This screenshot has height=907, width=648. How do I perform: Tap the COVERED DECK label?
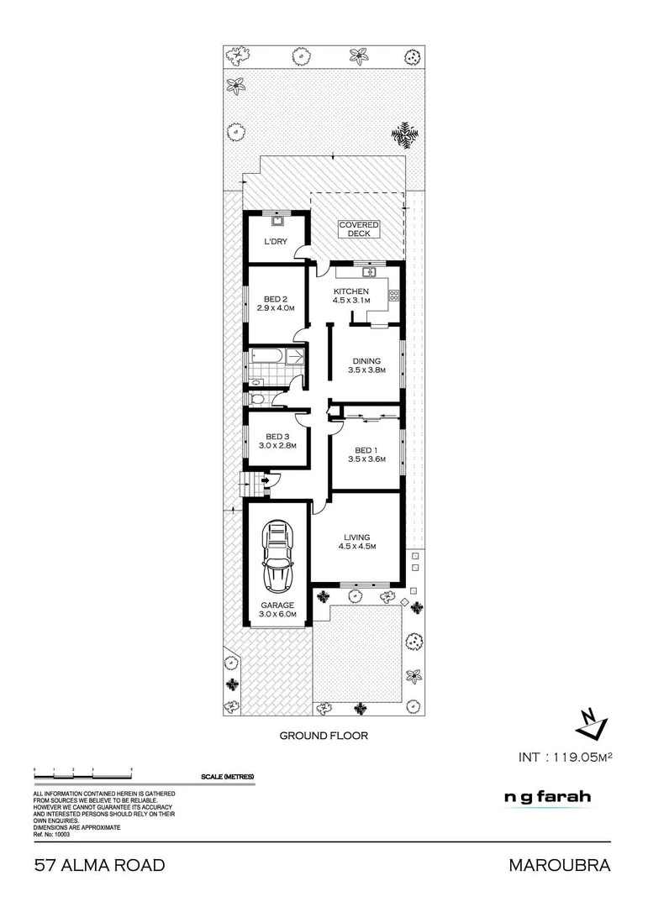(359, 229)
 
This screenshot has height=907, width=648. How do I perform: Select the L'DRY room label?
(277, 242)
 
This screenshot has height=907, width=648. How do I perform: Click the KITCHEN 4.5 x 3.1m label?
(351, 296)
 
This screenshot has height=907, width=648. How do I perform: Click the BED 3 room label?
(277, 441)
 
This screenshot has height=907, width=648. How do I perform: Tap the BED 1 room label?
(366, 454)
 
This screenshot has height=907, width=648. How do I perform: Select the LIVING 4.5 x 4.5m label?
(356, 542)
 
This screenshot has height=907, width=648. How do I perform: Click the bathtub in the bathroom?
(267, 358)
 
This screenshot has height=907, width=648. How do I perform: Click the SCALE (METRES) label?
(227, 777)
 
